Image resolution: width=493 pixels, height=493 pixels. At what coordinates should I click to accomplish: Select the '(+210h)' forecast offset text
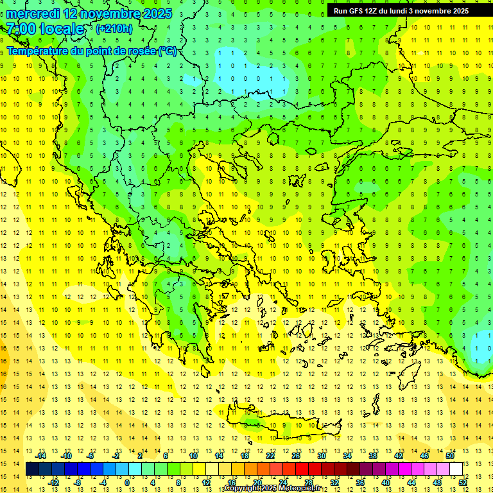(114, 29)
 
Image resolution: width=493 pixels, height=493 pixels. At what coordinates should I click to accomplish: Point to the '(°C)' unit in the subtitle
(167, 51)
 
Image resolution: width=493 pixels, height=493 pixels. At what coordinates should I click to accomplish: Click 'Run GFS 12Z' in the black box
(355, 11)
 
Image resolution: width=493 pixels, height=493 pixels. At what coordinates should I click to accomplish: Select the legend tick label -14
(40, 456)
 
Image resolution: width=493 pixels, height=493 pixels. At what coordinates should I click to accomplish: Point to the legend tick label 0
(127, 482)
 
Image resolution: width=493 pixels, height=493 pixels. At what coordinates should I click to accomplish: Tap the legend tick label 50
(450, 456)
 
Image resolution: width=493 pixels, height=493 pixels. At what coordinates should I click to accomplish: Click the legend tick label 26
(296, 456)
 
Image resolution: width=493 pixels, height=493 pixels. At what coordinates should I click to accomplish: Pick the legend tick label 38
(373, 456)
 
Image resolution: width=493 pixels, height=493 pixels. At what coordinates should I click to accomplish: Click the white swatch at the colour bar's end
(456, 469)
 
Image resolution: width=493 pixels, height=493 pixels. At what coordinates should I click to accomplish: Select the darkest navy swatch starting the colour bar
(32, 469)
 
